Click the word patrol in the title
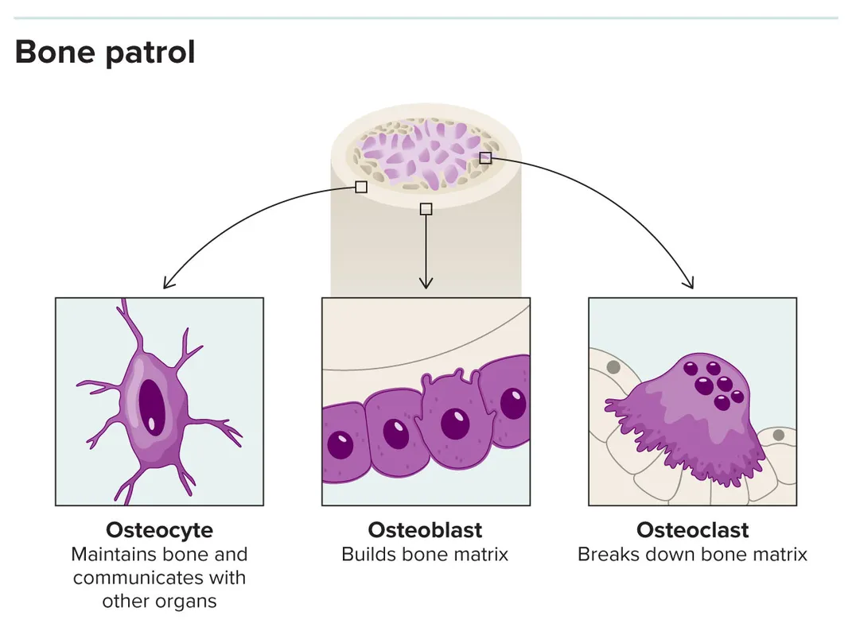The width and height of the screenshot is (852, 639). (x=150, y=53)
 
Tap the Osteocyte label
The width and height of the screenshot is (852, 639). (x=159, y=530)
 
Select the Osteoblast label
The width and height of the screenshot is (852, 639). (x=425, y=530)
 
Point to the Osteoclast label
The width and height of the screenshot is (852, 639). (x=692, y=530)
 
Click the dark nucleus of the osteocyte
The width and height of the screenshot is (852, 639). (x=151, y=407)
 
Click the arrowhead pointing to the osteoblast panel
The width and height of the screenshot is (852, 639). (x=426, y=282)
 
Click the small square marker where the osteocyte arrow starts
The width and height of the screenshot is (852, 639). (x=361, y=187)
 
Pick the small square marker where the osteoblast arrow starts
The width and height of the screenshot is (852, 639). (x=426, y=209)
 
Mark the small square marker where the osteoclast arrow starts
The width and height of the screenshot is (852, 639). (x=485, y=158)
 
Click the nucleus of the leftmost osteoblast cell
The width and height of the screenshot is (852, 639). (x=340, y=444)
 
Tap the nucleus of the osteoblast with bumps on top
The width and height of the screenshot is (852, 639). (x=455, y=424)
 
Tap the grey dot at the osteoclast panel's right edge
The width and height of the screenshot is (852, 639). (x=779, y=435)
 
